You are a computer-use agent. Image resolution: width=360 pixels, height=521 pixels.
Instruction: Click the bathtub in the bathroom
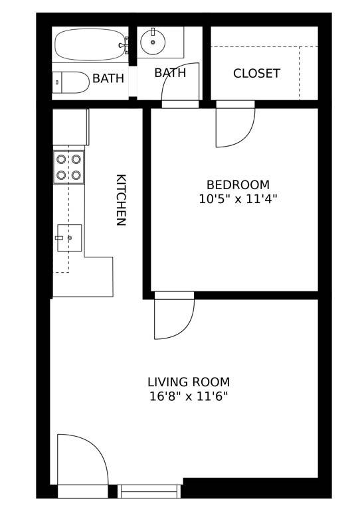click(x=90, y=44)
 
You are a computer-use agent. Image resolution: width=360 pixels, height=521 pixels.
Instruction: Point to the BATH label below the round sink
click(x=170, y=73)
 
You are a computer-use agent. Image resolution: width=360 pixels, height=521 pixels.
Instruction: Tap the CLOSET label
click(x=256, y=74)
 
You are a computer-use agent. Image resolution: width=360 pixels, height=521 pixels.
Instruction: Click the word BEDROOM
click(x=238, y=185)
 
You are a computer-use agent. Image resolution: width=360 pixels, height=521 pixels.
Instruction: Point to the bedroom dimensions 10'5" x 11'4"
click(x=238, y=198)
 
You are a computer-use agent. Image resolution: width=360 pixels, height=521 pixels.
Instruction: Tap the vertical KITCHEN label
click(x=121, y=200)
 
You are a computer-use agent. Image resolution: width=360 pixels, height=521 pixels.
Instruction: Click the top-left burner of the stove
click(x=61, y=159)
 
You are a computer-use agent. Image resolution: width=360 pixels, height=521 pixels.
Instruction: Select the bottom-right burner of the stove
click(x=76, y=175)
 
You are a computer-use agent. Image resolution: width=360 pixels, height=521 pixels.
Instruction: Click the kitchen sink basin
click(x=69, y=238)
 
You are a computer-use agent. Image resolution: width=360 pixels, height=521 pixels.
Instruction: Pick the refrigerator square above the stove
click(x=70, y=126)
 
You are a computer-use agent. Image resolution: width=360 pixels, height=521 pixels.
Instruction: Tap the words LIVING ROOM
click(x=189, y=382)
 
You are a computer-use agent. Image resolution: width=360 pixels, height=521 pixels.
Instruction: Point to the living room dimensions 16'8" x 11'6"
click(x=189, y=397)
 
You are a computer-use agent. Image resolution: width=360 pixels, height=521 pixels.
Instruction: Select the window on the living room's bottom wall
click(x=149, y=492)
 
